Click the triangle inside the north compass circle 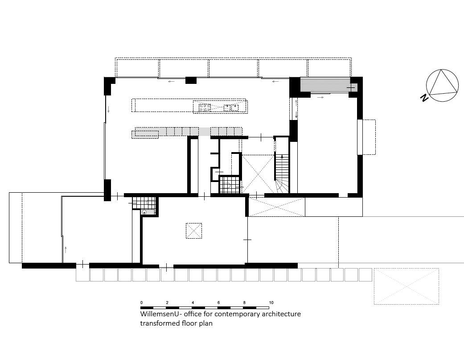click(443, 84)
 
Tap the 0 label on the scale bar click(142, 302)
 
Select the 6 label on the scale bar click(218, 302)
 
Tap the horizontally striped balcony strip click(324, 84)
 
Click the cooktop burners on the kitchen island click(205, 107)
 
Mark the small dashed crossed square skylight click(193, 231)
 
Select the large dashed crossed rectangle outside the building click(406, 286)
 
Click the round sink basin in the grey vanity click(144, 212)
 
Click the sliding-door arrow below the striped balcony click(320, 96)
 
